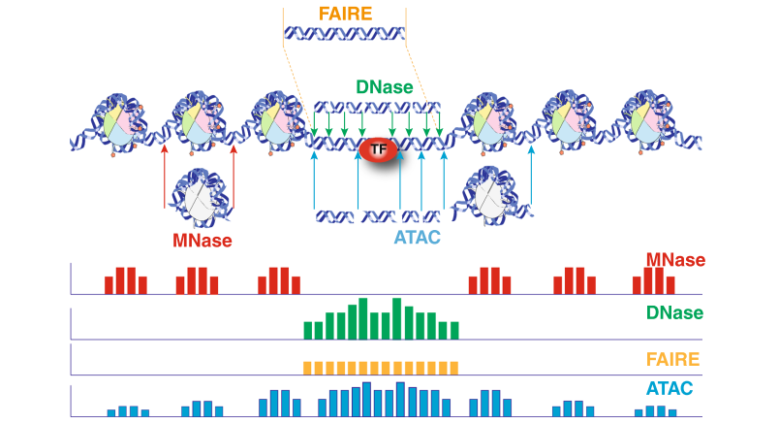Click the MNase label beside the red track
(x=675, y=260)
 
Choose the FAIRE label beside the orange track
(x=672, y=360)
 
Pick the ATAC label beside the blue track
(x=675, y=390)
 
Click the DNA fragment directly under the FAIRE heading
(x=344, y=35)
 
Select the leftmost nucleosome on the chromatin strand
(x=117, y=123)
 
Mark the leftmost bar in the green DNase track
(x=309, y=330)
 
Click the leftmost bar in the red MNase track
(x=109, y=285)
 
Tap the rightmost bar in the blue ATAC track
(x=672, y=411)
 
